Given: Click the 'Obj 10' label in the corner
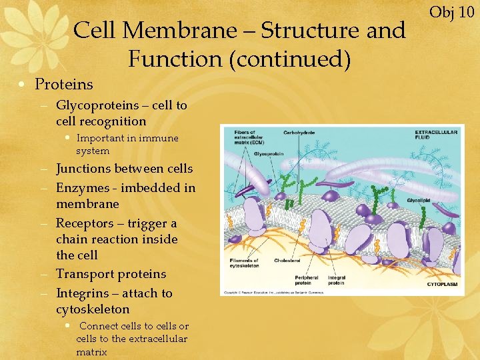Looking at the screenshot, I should point(451,11).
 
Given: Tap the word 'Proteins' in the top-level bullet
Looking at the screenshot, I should point(64,84).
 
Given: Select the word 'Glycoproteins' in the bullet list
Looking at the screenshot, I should point(97,105).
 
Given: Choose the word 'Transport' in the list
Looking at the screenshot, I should point(87,274).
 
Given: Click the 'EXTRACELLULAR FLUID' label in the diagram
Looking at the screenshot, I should point(436,135).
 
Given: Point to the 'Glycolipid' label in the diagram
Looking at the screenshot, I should point(419,199).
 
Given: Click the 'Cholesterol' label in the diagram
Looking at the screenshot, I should point(287,261).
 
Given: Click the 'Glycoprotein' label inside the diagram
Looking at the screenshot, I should point(268,153).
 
